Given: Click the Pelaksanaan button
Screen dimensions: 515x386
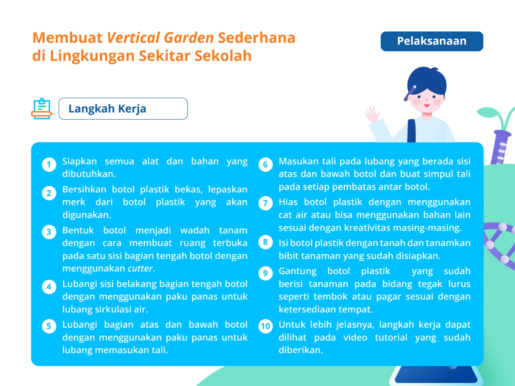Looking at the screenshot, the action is click(x=432, y=41).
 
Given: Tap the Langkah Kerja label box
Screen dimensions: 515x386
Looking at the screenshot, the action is click(x=123, y=109).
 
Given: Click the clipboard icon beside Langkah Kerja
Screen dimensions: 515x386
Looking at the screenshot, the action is click(x=42, y=109).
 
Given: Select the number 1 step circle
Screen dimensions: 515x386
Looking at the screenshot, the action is click(x=49, y=165).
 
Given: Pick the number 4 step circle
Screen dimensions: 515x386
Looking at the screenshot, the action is click(x=49, y=287).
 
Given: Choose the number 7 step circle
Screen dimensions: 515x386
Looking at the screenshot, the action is click(x=266, y=203).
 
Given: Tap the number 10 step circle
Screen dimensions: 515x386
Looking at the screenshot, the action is click(x=266, y=326).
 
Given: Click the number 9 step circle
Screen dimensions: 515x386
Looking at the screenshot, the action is click(x=266, y=273).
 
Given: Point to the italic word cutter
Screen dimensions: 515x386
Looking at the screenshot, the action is click(x=140, y=269).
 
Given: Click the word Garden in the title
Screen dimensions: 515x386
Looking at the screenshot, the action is click(x=189, y=38).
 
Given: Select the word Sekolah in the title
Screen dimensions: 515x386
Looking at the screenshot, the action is click(x=223, y=56).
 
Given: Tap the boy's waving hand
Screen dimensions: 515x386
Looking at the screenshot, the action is click(x=372, y=115).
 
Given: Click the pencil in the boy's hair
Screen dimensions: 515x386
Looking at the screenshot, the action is click(x=410, y=93).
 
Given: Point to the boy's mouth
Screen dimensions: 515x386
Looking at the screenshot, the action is click(x=427, y=106).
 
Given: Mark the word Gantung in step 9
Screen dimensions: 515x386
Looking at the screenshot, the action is click(x=298, y=271).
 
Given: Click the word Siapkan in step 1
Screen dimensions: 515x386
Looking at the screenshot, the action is click(x=80, y=162).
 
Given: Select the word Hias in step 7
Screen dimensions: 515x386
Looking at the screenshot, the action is click(x=288, y=202).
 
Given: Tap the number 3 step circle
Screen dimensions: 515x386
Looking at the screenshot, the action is click(x=49, y=232).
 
